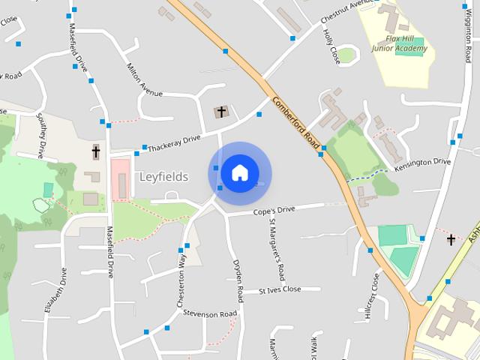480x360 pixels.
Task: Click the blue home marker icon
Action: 239,172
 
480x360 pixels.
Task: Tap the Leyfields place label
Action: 163,177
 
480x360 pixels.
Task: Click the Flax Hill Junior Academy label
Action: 400,43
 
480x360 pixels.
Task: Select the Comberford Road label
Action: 296,123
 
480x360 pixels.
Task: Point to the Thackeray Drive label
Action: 174,142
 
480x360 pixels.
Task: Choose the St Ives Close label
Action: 279,289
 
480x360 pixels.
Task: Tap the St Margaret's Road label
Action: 276,247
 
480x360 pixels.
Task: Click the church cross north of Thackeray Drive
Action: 221,112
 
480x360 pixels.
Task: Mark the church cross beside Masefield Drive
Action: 96,151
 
